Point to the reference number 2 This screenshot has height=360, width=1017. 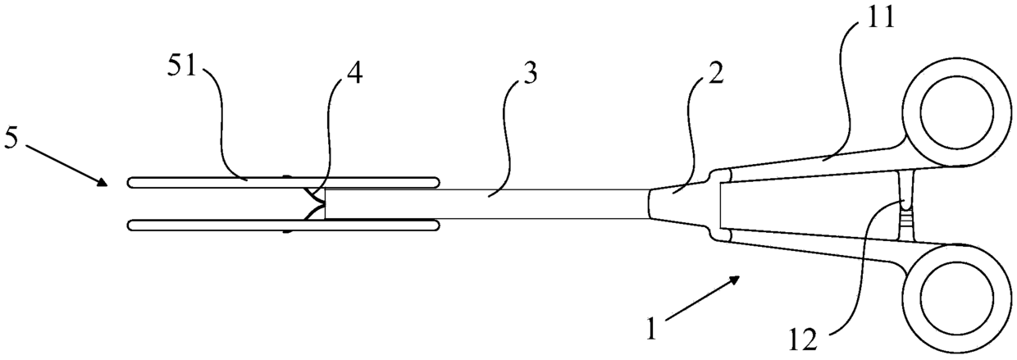point(716,80)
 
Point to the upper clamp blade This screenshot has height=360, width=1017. point(283,179)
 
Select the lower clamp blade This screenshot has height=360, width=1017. point(283,225)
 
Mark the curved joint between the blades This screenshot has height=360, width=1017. point(314,202)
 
